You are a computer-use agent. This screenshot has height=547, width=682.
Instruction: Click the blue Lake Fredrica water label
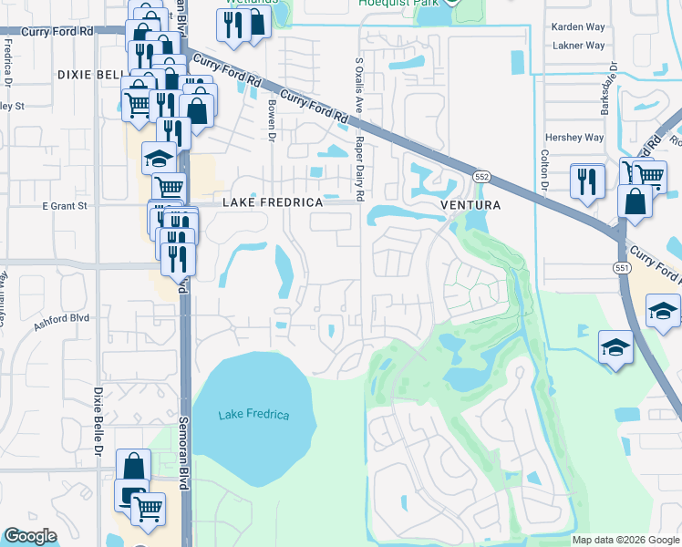coord(253,416)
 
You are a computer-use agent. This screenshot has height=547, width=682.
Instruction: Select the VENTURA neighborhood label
coord(470,205)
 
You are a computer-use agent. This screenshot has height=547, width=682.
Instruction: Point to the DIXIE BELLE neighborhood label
coord(88,75)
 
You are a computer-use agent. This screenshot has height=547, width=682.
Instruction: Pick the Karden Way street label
coord(577,27)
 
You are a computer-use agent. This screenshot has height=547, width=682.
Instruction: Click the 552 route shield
coord(481,175)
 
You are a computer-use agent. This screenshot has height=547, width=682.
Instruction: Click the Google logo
coord(31,536)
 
